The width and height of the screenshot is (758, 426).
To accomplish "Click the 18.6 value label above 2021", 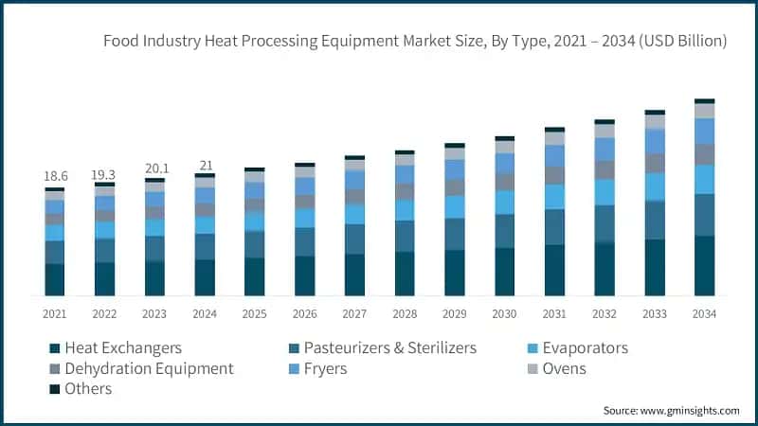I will (x=55, y=177).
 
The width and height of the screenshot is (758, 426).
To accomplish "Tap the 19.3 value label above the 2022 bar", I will (x=104, y=175).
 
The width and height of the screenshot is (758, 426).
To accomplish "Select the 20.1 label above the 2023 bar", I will (x=154, y=169).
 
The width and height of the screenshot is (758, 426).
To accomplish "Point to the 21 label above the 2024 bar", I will (x=205, y=166).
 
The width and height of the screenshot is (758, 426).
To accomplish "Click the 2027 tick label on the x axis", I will (x=354, y=313).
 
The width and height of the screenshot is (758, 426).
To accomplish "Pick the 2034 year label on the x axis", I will (x=704, y=313).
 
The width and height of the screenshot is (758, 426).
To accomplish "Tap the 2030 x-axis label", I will (x=504, y=313).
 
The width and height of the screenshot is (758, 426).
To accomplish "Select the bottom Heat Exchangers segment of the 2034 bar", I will (x=704, y=266).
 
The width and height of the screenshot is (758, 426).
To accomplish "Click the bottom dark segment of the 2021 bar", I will (x=55, y=279).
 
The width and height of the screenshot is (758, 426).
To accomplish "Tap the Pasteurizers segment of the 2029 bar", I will (x=455, y=234).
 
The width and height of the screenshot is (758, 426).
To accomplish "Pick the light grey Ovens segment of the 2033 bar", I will (x=655, y=122).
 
